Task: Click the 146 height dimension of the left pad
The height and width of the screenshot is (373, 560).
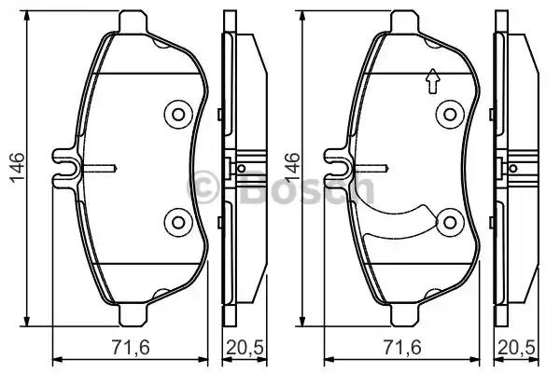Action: tap(17, 168)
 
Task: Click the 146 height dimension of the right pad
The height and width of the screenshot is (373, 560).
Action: tap(292, 168)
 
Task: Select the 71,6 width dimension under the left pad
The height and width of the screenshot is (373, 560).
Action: tap(131, 347)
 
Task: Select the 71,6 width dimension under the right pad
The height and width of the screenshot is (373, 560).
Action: tap(402, 347)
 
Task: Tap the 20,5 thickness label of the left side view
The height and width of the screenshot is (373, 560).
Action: tap(245, 347)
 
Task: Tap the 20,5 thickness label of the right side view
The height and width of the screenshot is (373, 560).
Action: tap(517, 347)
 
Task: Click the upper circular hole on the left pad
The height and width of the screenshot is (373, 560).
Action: tap(178, 115)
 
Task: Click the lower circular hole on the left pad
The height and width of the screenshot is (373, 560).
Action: tap(178, 222)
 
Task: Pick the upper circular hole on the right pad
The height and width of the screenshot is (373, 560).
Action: tap(450, 115)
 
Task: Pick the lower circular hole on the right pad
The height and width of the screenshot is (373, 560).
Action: tap(450, 222)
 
